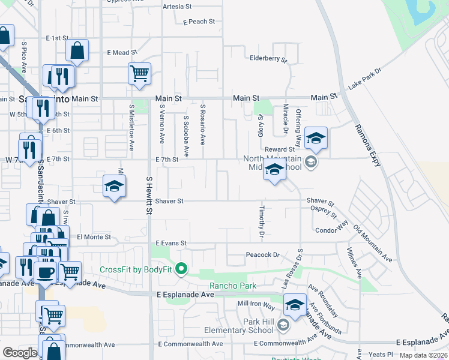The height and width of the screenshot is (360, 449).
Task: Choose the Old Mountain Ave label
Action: coord(373,244)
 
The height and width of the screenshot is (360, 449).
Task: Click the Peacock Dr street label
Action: coord(263,255)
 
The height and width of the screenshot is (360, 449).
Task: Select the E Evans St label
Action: coord(172,243)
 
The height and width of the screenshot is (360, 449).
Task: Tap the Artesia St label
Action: coord(176,7)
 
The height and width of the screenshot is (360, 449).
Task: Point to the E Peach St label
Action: coord(199,22)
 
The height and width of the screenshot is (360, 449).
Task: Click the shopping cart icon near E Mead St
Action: coord(139,74)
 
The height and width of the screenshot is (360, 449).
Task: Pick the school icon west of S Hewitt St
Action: coord(113,186)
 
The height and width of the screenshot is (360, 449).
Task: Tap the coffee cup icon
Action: coord(46,273)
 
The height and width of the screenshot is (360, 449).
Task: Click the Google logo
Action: coord(20,353)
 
